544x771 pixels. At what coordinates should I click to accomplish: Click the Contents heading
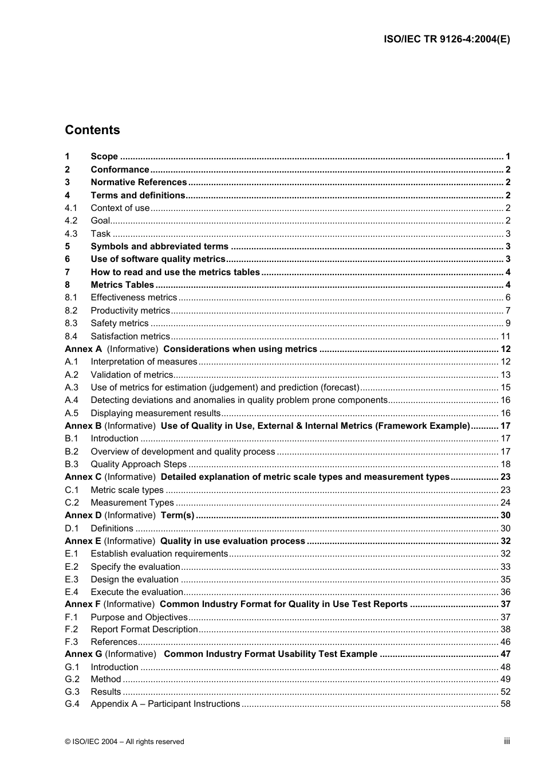92,130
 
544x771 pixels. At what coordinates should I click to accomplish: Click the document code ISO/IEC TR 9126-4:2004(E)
447,40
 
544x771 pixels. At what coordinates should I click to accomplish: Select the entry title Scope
104,156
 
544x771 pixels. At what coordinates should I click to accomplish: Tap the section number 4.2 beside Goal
71,221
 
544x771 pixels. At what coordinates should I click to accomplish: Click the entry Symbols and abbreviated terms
159,246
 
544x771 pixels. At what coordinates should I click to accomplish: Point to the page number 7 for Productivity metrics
507,311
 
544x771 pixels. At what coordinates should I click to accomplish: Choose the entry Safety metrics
119,323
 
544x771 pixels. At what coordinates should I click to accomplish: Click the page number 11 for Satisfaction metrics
505,336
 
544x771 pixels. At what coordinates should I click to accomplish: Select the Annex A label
83,349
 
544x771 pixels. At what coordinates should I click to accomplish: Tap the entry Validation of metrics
132,375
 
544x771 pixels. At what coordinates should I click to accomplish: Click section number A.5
72,413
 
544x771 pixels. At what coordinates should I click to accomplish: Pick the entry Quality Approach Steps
139,464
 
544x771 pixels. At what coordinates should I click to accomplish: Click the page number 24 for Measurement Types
505,503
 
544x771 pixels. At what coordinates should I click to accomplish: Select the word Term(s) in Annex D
178,515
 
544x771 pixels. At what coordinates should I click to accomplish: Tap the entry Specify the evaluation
135,567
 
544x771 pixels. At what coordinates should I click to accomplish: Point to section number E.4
72,592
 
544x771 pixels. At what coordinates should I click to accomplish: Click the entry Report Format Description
144,629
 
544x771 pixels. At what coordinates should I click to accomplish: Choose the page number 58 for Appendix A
505,704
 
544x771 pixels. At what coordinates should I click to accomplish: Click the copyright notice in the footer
125,742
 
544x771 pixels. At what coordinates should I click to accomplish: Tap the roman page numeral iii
507,741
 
